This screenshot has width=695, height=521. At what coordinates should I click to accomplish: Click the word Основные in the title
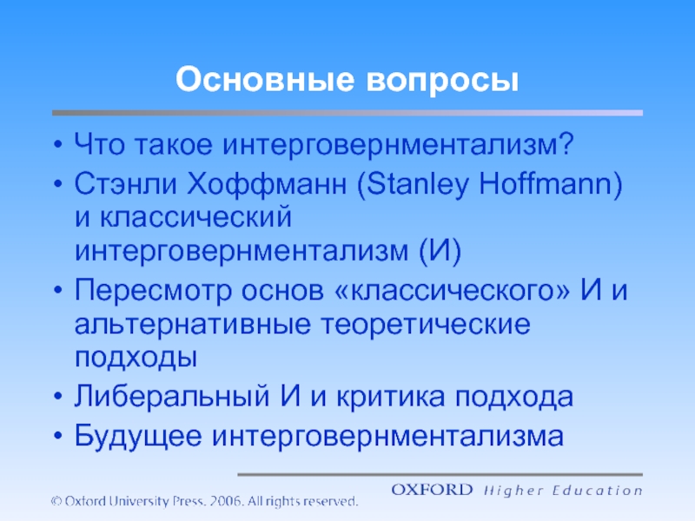pos(265,80)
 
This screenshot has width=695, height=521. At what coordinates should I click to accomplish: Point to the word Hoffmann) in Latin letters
pos(551,184)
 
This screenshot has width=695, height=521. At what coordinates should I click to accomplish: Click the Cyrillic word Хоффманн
pos(267,184)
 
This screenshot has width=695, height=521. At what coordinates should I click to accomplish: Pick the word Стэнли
pos(125,184)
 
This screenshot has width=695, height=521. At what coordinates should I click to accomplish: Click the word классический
pos(195,217)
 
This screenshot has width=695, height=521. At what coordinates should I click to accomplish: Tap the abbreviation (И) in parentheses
pos(440,251)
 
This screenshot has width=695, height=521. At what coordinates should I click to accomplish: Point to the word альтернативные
pos(192,325)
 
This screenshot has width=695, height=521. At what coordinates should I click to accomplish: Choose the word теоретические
pos(426,324)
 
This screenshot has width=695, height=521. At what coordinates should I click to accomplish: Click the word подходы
pos(136,358)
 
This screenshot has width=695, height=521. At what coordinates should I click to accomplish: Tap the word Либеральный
pos(172,396)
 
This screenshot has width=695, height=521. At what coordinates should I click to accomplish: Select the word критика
pos(390,397)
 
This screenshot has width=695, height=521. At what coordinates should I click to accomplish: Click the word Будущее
pos(138,437)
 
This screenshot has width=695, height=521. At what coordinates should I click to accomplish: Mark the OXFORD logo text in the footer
pos(432,490)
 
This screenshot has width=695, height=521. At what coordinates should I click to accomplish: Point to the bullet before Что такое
pos(57,145)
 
